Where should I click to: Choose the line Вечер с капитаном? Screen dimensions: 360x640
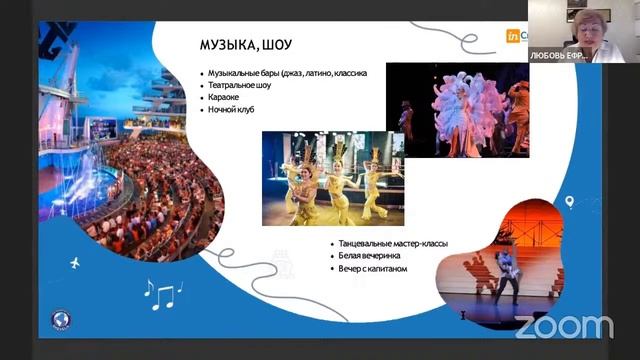(x=372, y=268)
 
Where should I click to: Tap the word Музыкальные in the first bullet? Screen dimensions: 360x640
(x=238, y=73)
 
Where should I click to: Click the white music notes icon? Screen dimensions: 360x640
(x=159, y=292)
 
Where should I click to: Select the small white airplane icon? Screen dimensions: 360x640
(x=75, y=263)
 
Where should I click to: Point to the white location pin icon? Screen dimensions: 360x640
(x=569, y=202)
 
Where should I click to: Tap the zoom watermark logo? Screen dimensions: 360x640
(x=564, y=325)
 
